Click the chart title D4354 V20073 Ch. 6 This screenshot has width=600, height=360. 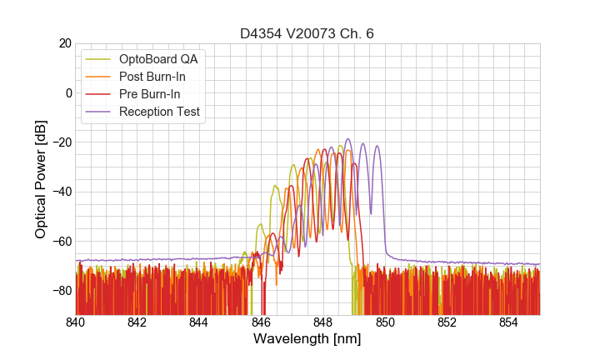(x=307, y=33)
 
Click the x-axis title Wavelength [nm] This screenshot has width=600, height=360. (x=307, y=340)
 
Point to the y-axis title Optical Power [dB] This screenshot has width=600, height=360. (x=41, y=178)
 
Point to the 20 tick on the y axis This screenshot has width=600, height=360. (x=63, y=43)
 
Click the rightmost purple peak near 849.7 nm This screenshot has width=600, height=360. (x=377, y=147)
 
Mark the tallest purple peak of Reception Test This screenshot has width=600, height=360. (x=347, y=139)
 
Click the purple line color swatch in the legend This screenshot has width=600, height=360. (x=99, y=112)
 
